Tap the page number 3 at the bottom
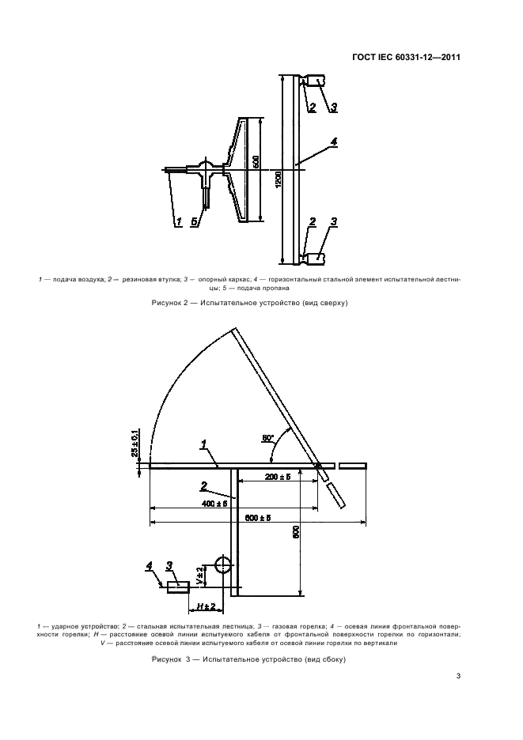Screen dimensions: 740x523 (x=459, y=675)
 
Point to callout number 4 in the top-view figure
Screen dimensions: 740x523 (x=333, y=142)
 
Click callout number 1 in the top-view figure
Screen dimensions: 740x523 (x=179, y=221)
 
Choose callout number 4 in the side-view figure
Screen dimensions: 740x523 (x=149, y=565)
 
